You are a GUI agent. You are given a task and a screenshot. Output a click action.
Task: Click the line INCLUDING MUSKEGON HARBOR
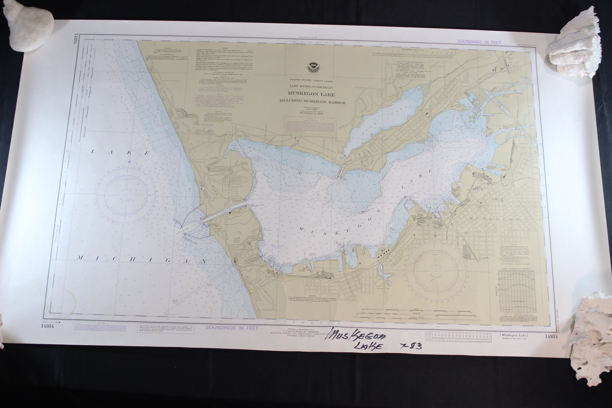coord(312,102)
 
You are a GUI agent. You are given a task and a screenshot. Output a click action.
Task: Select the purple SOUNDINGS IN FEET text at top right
coord(479,42)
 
